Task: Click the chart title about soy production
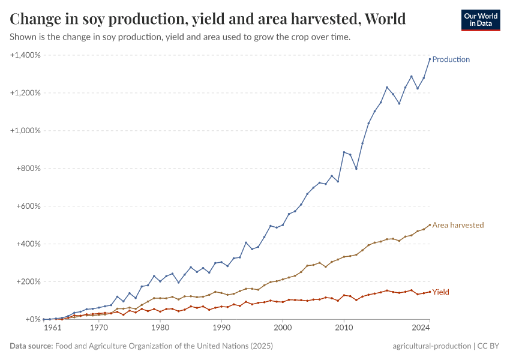click(208, 19)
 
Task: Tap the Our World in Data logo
click(480, 20)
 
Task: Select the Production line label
click(451, 59)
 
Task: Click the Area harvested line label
click(458, 225)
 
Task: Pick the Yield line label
click(440, 292)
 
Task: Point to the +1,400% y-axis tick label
click(25, 55)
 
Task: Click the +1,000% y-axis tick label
click(25, 131)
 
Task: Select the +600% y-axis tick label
click(28, 206)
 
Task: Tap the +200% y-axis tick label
click(28, 281)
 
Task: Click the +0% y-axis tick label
click(32, 319)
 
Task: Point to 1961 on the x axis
click(53, 328)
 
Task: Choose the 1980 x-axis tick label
click(160, 328)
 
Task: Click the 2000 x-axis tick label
click(283, 328)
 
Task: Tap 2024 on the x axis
click(421, 328)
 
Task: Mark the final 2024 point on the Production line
click(430, 59)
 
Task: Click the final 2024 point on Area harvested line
click(430, 225)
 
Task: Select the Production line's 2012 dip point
click(356, 169)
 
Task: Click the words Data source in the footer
click(31, 346)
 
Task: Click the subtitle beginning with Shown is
click(180, 37)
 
